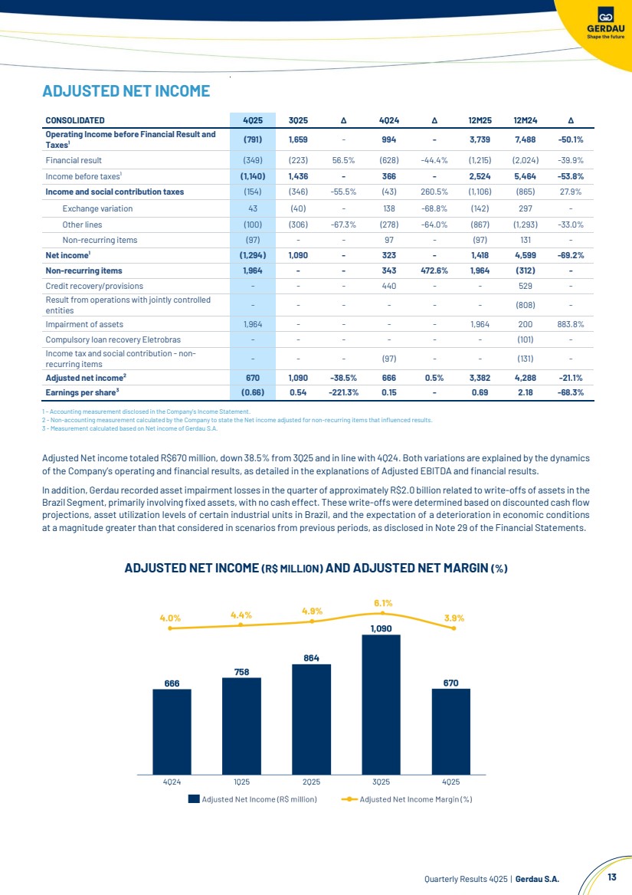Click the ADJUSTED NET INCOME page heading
126,91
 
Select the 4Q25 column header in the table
253,120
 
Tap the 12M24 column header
526,120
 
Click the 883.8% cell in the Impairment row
571,324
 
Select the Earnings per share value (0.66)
253,393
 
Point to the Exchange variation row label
97,208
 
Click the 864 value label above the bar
311,657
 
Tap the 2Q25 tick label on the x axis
311,782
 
